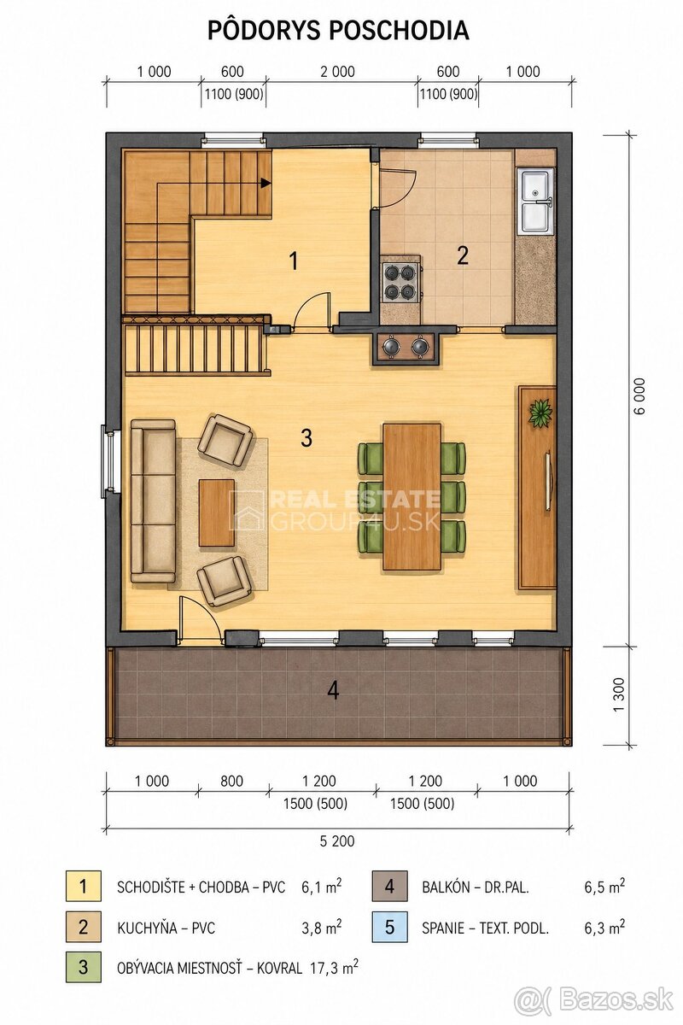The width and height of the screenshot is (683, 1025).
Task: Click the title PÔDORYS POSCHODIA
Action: point(338,31)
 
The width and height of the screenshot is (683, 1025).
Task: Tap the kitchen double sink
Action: point(534,200)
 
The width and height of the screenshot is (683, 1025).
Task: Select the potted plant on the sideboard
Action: point(540,413)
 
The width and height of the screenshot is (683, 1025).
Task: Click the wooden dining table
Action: point(412,496)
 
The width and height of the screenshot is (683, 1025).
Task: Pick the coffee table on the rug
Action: point(216,512)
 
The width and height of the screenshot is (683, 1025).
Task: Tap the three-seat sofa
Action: point(153,501)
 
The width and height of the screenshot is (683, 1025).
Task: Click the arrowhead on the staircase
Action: point(266,183)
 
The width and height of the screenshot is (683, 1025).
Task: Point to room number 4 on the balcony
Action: point(333,690)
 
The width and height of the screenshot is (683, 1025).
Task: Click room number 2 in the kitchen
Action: point(463,255)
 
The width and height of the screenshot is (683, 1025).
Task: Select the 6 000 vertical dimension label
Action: point(640,395)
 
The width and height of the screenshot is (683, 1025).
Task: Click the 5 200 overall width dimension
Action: point(337,841)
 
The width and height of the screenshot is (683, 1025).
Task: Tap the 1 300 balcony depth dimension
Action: point(618,694)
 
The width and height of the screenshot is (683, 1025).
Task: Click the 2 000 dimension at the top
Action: point(337,72)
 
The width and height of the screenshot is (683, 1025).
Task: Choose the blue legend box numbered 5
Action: point(389,927)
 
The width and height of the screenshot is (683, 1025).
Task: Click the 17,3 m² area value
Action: point(334,968)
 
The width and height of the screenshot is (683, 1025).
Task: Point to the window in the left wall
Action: point(109,461)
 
